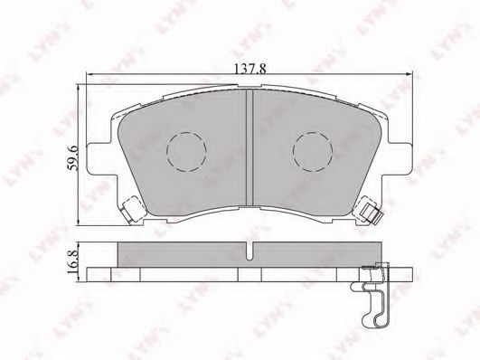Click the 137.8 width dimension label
pos(249,69)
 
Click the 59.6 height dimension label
pos(73,157)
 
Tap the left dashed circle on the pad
pos(186,152)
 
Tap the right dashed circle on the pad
pos(313,152)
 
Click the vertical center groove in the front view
pos(249,147)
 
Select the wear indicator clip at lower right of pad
pos(370,213)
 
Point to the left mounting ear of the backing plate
pos(101,158)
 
